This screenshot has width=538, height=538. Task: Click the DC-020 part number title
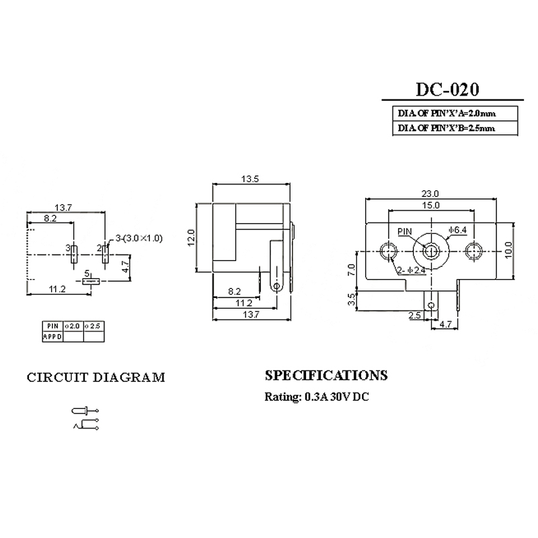tap(447, 90)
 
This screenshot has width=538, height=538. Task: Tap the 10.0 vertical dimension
tap(509, 249)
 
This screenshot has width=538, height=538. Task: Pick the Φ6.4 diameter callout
tap(458, 231)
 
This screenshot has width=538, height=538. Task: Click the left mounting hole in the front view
tap(387, 251)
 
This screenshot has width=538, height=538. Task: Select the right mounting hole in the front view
tap(473, 251)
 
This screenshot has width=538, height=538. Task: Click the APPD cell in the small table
tap(52, 336)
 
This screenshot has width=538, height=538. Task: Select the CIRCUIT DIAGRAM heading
tap(95, 377)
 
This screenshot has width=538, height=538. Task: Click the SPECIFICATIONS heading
tap(326, 375)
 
